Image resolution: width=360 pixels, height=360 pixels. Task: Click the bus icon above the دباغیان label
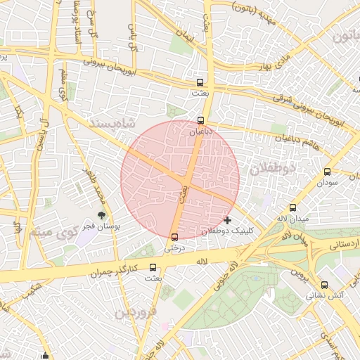coord(201,120)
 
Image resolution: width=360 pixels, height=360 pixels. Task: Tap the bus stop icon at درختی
coord(174,237)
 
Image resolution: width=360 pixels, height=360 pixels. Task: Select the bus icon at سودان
coord(327,172)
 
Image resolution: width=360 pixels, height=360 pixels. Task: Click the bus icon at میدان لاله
coord(293,207)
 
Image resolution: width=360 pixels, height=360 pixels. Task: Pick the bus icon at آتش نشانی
coord(324,285)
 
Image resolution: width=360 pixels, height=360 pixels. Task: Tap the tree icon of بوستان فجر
coord(102,216)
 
